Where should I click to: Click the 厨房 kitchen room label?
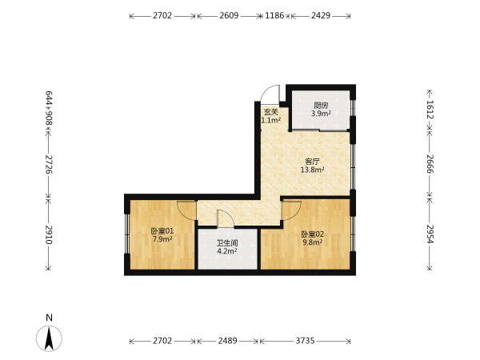[321, 106]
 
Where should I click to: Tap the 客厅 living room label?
[312, 162]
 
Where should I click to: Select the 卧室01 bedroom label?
[162, 231]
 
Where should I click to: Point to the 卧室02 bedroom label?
[312, 234]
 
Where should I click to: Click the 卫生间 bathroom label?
[227, 243]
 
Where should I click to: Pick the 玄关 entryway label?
[271, 112]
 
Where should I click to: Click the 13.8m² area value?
[312, 170]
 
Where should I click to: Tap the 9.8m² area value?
[312, 242]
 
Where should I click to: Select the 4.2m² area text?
[227, 251]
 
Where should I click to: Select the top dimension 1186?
[274, 15]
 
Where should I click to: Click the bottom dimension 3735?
[305, 341]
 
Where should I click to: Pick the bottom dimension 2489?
[227, 341]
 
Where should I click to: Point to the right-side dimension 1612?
[430, 110]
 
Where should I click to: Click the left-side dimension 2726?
[49, 164]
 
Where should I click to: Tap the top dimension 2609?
[229, 15]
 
